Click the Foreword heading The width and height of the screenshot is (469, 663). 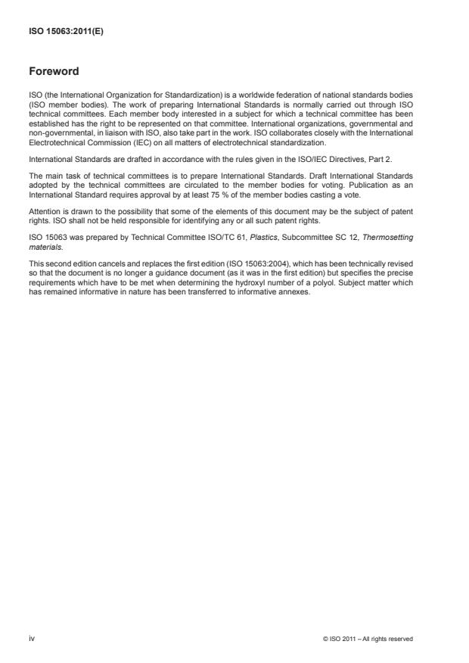(x=54, y=73)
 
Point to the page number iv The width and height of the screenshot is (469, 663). (x=32, y=639)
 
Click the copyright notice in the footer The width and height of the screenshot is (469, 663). (x=367, y=639)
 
